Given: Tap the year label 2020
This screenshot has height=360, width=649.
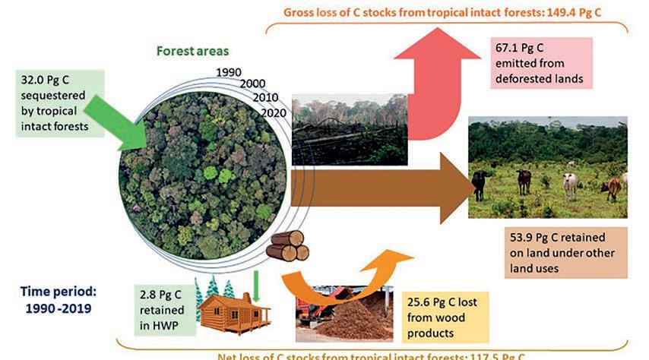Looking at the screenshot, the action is (x=274, y=112).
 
